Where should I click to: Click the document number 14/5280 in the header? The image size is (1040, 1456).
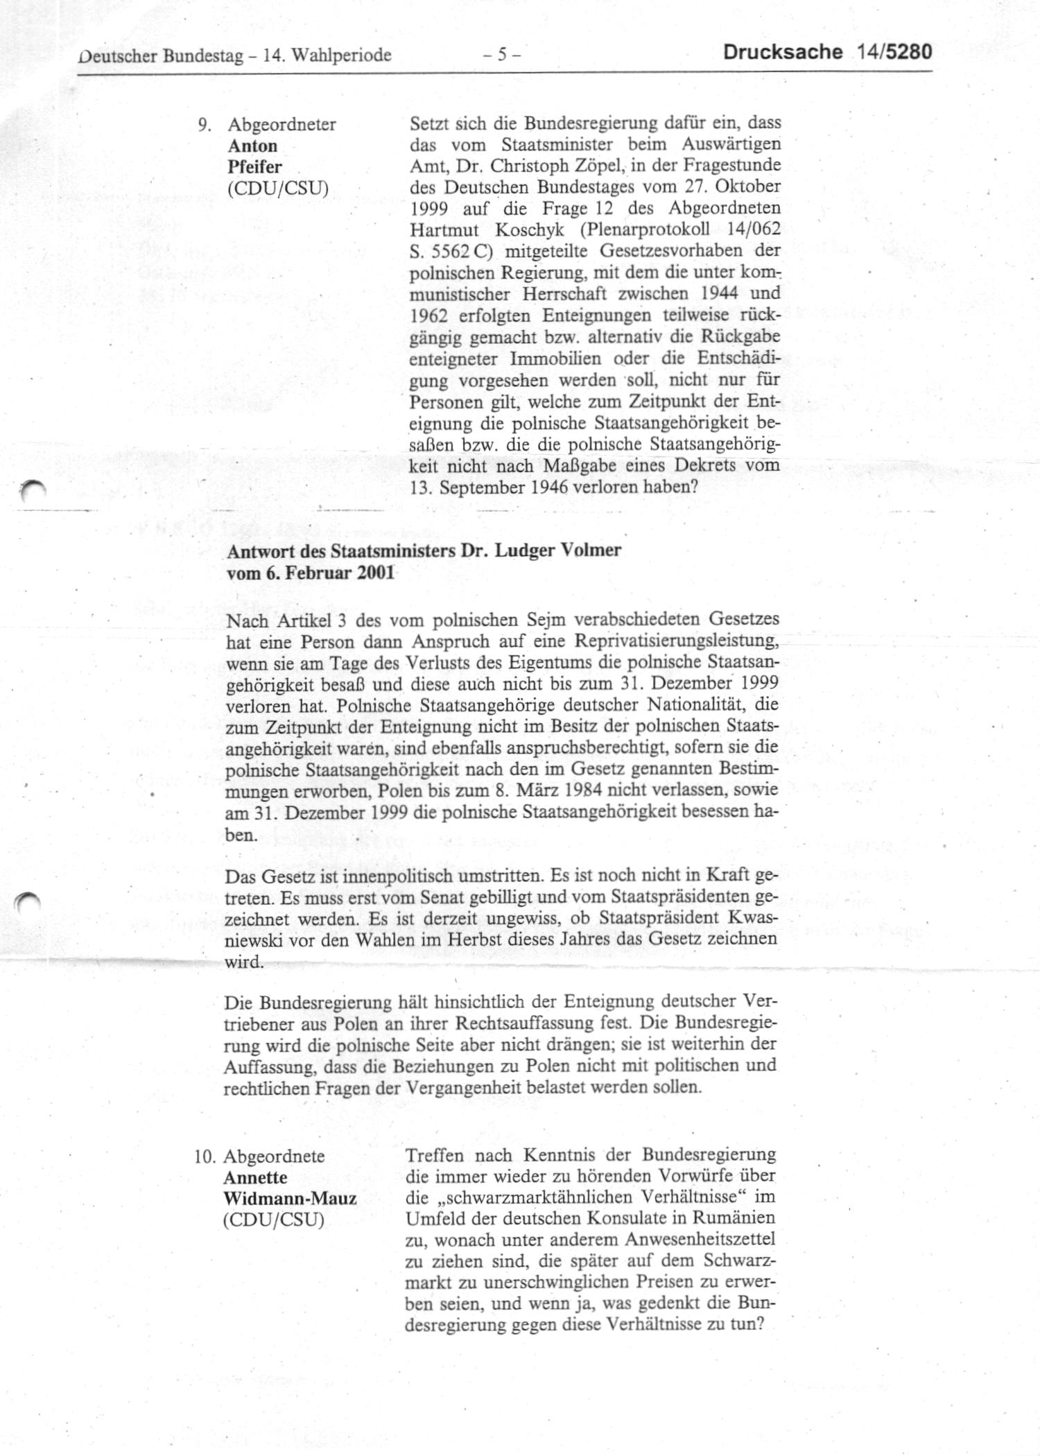[x=894, y=53]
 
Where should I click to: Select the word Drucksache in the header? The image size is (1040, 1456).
[x=783, y=53]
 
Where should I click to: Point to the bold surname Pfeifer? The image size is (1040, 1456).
[x=254, y=167]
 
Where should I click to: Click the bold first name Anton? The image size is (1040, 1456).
[x=252, y=146]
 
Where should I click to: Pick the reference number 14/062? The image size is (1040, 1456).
[x=749, y=229]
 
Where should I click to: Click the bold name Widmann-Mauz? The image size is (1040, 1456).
[x=290, y=1199]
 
